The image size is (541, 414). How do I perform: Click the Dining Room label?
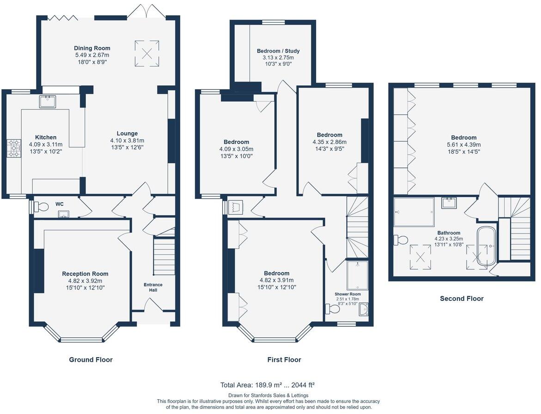92,48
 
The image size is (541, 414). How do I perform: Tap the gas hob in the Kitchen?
14,149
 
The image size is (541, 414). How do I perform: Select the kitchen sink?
48,102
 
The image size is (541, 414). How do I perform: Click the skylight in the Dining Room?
147,54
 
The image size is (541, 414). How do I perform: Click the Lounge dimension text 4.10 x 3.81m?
128,141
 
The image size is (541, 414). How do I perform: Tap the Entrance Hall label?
153,288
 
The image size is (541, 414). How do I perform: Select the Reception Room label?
85,274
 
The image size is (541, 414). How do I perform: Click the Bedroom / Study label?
279,51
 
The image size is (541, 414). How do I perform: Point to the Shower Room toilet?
333,309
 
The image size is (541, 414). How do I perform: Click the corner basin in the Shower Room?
363,310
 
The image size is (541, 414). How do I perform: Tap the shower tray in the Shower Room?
358,276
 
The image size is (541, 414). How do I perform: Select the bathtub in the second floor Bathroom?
486,246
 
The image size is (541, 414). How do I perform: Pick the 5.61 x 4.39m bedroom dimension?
464,145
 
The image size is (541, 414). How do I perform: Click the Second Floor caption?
462,299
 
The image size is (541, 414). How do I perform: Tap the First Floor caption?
284,360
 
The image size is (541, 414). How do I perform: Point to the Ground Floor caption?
91,360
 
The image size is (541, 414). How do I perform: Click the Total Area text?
267,385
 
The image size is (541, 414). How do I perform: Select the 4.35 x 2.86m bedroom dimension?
329,142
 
